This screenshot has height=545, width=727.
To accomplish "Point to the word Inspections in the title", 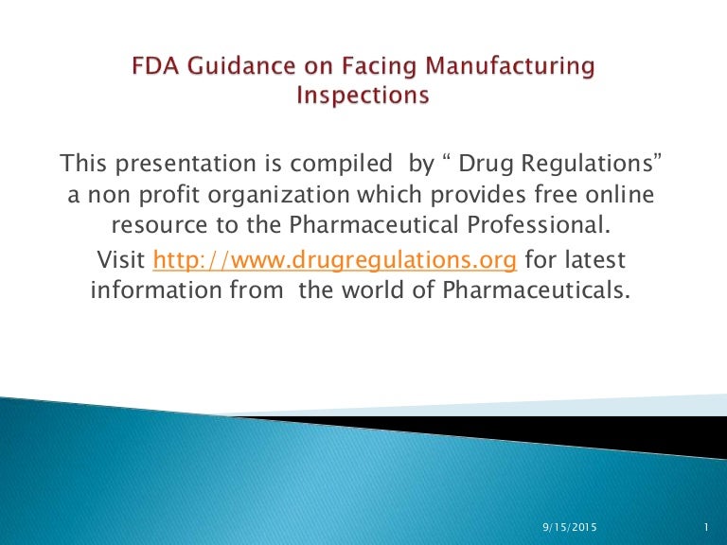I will (363, 96).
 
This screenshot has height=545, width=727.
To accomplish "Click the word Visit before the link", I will (121, 259).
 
